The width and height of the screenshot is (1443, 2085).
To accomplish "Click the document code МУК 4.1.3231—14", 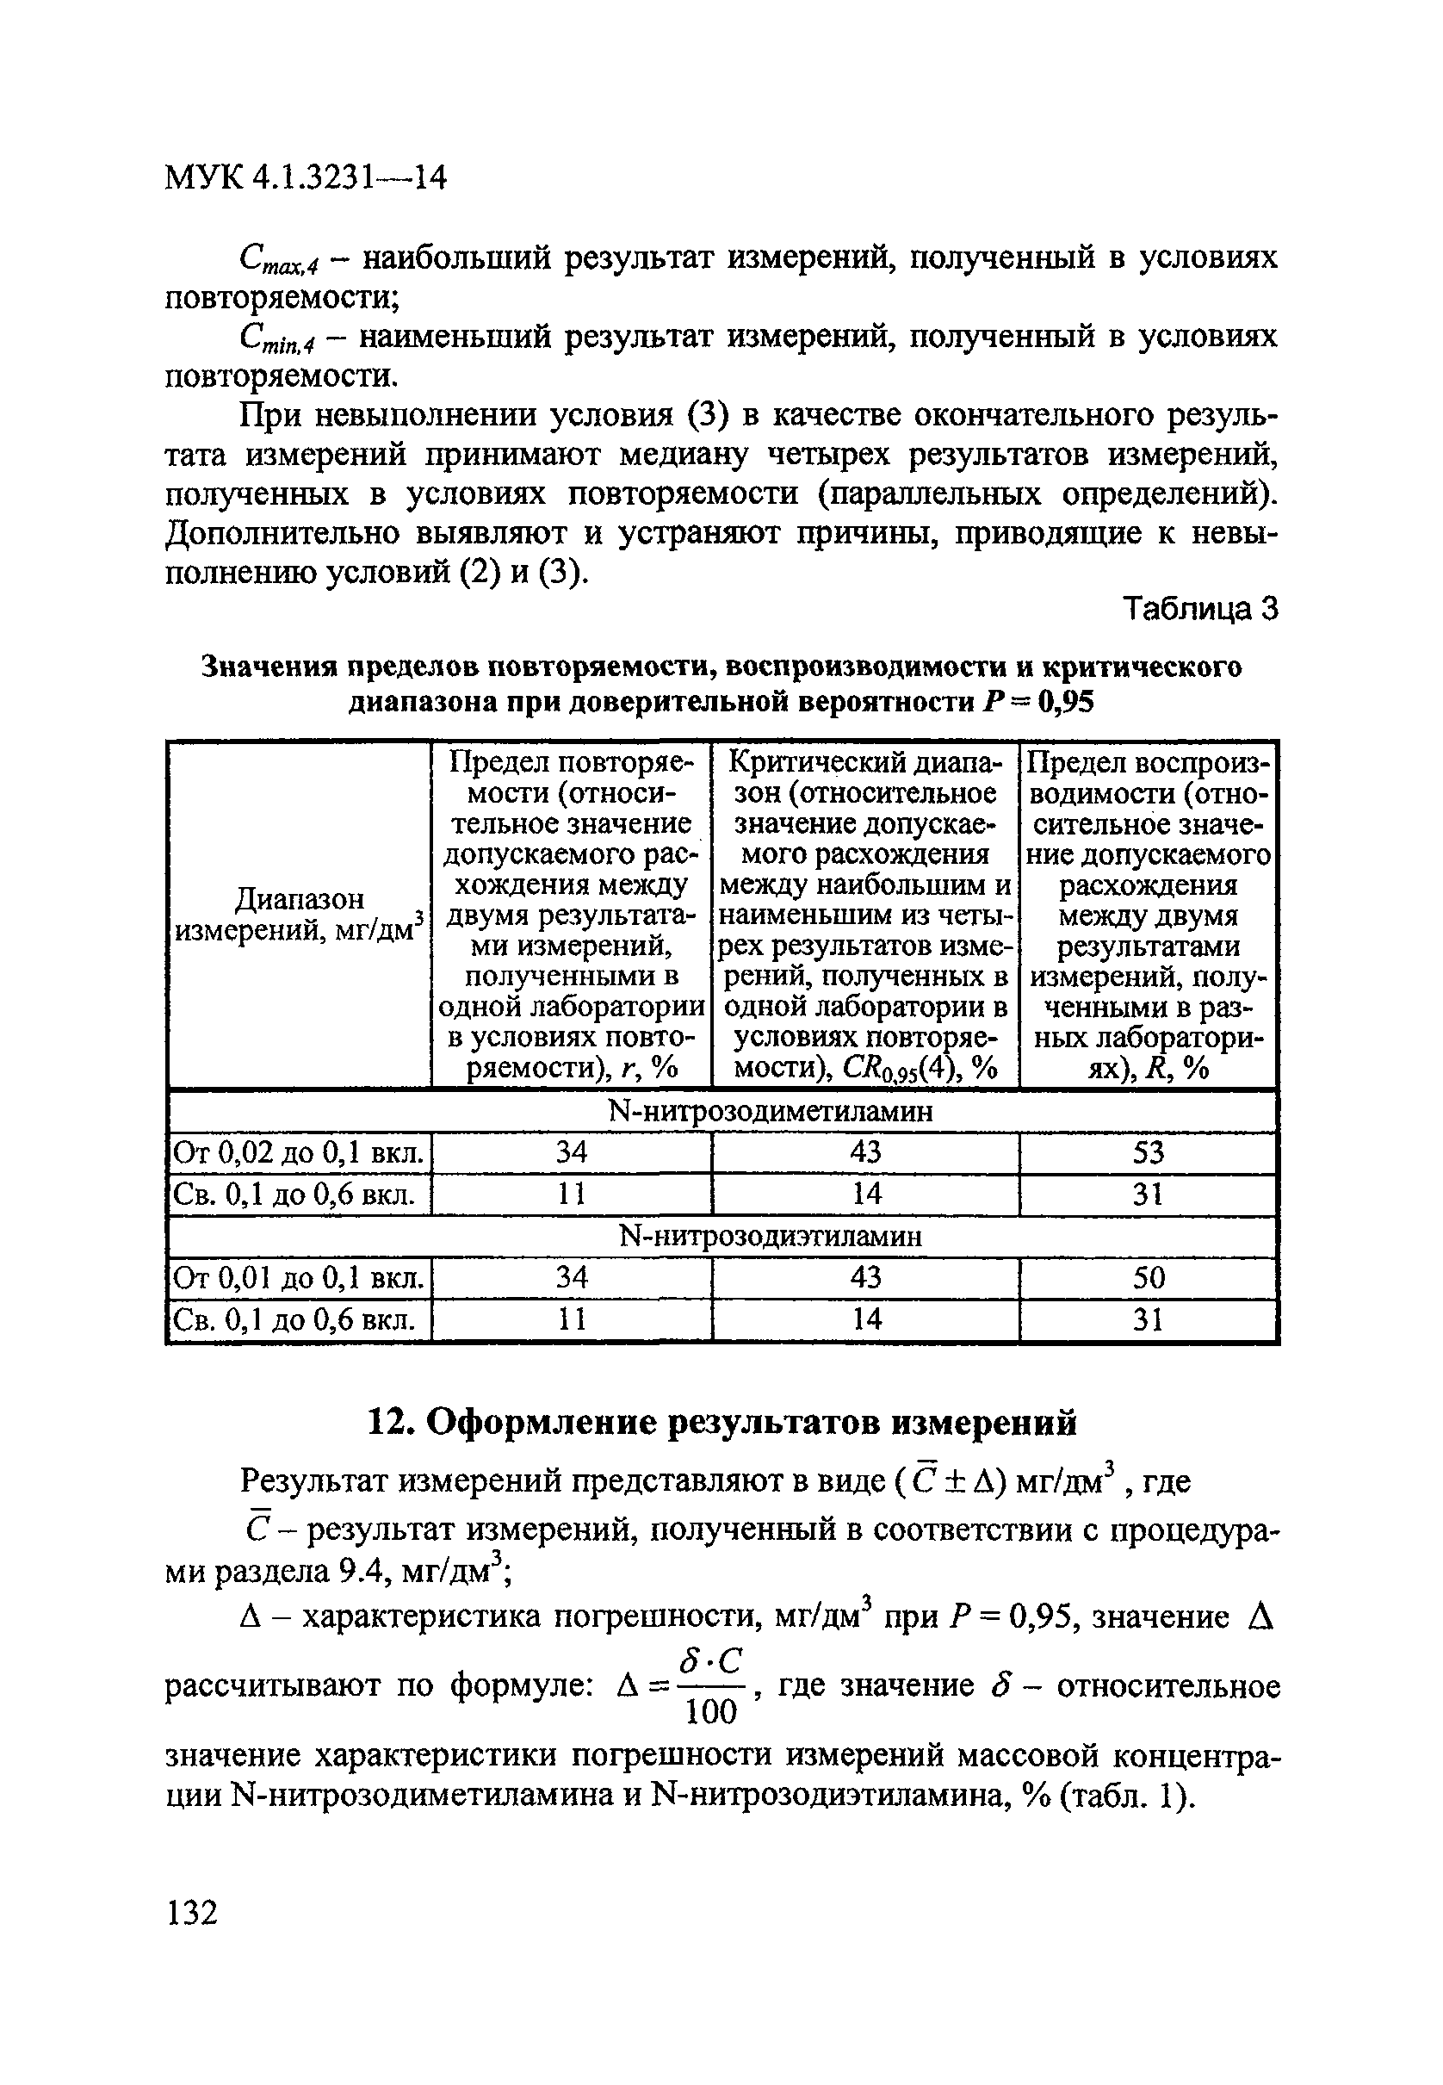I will (x=306, y=178).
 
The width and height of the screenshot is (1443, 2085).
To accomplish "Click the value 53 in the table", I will (x=1148, y=1153).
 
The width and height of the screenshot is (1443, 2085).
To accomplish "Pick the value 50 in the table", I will (x=1148, y=1277).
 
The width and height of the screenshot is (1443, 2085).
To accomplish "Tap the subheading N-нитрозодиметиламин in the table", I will (x=771, y=1111).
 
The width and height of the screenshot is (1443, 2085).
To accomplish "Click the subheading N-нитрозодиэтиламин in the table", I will (x=771, y=1236).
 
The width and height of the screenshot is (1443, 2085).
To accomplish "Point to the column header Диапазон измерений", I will (x=300, y=914).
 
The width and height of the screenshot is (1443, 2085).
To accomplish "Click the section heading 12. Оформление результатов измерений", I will (x=721, y=1422).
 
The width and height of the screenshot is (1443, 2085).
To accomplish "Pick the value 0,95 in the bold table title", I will (x=1066, y=702).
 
